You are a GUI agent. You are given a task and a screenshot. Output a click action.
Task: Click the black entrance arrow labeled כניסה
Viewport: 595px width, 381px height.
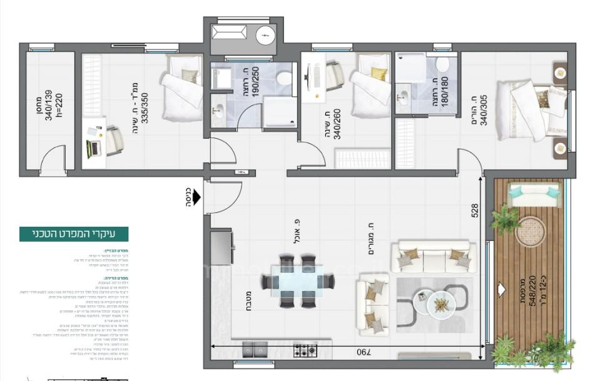pyautogui.click(x=196, y=197)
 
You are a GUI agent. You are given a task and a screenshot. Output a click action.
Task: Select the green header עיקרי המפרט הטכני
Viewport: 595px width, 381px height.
pyautogui.click(x=74, y=234)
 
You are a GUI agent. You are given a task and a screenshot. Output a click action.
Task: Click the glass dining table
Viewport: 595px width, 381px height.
pyautogui.click(x=297, y=281)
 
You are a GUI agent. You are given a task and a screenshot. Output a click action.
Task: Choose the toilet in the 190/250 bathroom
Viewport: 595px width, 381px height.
pyautogui.click(x=284, y=78)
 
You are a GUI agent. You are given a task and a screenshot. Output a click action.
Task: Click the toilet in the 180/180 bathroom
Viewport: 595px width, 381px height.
pyautogui.click(x=443, y=64)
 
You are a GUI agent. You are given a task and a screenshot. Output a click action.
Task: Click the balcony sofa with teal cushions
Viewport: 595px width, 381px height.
pyautogui.click(x=534, y=194)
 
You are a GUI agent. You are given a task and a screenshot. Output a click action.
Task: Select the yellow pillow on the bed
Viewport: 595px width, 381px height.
pyautogui.click(x=379, y=74)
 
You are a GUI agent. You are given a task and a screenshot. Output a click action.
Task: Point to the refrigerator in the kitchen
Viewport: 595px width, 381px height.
pyautogui.click(x=221, y=247)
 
